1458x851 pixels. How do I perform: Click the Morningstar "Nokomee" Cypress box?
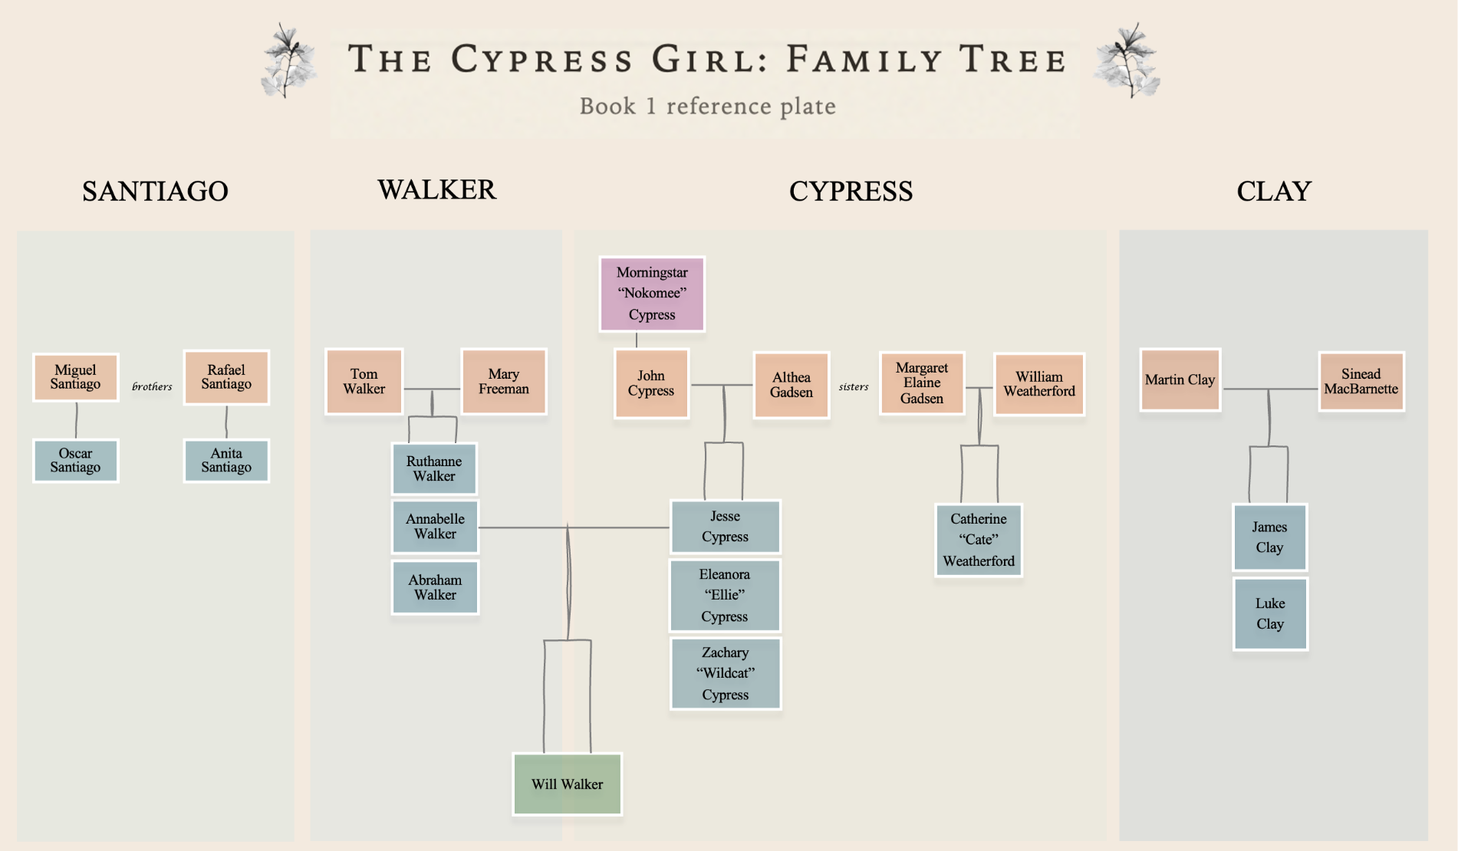tap(652, 294)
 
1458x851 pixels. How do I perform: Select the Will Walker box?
tap(567, 784)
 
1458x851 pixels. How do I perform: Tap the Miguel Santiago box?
tap(75, 377)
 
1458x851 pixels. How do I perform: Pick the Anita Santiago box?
tap(226, 460)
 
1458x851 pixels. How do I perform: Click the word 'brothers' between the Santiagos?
tap(152, 386)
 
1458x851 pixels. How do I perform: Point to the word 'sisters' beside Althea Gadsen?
tap(854, 386)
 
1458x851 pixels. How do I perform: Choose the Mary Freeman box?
tap(503, 382)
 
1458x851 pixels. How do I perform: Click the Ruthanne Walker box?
tap(434, 468)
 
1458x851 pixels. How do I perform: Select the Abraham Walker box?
tap(435, 587)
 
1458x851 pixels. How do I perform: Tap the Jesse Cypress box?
tap(725, 527)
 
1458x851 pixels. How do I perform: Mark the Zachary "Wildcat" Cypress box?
tap(726, 673)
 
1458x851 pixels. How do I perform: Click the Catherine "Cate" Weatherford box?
tap(979, 540)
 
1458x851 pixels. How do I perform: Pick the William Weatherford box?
tap(1039, 384)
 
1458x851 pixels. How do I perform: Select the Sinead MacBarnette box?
tap(1361, 382)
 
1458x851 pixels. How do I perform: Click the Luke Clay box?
tap(1270, 613)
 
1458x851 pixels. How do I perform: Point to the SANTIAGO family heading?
tap(155, 191)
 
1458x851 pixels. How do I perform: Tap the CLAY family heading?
tap(1274, 191)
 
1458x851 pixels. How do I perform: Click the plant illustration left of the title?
tap(288, 61)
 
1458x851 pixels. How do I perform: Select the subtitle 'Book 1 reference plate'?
tap(707, 106)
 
